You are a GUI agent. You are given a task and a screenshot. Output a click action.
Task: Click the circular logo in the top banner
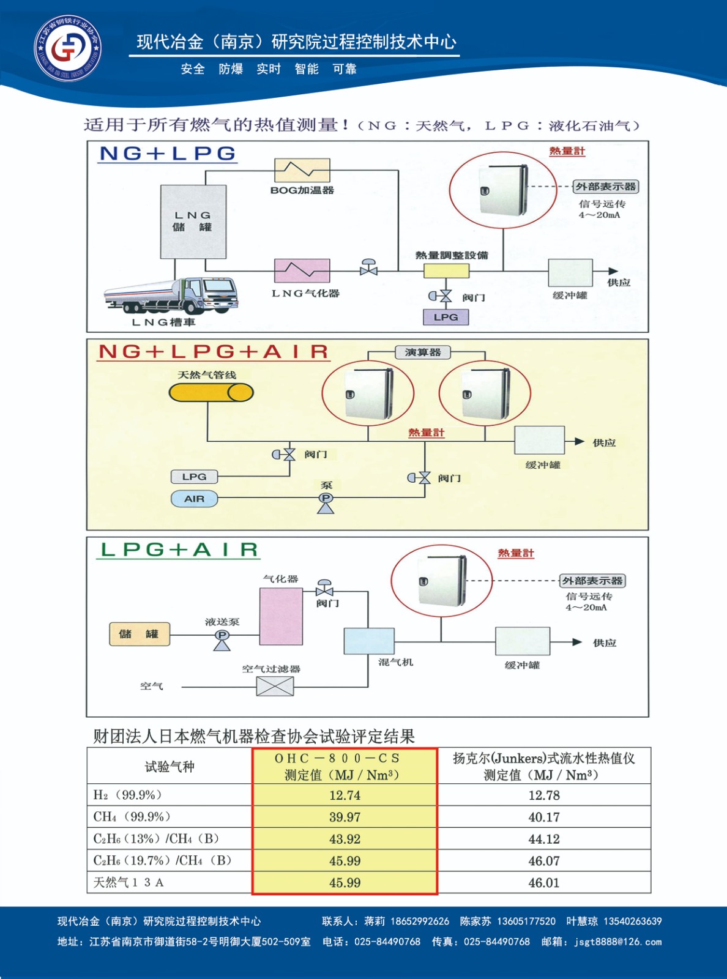point(68,48)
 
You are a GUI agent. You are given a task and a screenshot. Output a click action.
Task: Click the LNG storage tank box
point(193,221)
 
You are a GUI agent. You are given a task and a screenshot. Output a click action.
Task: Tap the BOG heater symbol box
point(302,170)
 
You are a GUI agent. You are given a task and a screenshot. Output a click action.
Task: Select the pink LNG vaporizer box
point(302,270)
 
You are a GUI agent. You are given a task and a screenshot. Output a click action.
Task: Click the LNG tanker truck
point(171,296)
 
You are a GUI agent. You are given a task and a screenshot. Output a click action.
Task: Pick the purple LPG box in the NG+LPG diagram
point(446,317)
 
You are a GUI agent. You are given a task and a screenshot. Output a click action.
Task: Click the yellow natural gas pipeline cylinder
point(211,392)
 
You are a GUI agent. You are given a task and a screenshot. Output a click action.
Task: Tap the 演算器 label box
point(422,352)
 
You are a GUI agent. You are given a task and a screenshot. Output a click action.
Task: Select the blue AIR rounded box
point(194,499)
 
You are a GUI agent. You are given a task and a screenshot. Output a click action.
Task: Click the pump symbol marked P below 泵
point(326,499)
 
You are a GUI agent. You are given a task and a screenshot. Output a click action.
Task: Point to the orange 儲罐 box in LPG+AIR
point(139,634)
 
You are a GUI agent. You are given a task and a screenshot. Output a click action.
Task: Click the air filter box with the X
point(275,687)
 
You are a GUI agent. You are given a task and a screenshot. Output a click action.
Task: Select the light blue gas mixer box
point(369,641)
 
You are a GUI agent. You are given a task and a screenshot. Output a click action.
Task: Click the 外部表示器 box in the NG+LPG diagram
point(606,187)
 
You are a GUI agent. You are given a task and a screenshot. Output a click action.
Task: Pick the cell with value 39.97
point(345,817)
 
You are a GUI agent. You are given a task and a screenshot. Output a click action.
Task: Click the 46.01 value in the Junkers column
point(544,883)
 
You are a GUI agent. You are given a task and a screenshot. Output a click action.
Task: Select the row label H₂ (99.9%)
point(128,795)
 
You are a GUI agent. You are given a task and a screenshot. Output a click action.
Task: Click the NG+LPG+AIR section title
point(214,352)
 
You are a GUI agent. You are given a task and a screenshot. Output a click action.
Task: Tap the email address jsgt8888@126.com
point(618,942)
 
